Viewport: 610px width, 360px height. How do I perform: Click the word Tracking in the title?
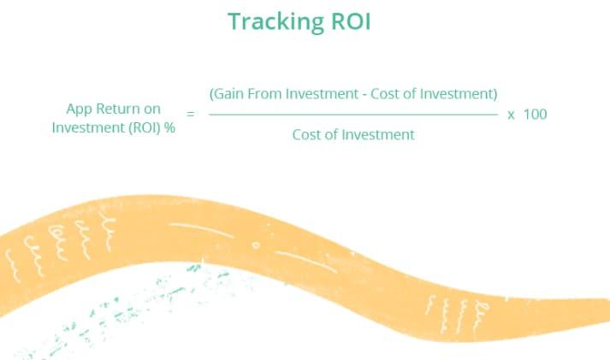pos(275,22)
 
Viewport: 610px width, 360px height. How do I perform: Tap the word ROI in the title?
pos(351,21)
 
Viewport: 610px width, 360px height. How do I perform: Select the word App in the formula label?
pos(79,109)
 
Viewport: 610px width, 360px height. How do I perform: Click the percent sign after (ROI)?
pos(169,127)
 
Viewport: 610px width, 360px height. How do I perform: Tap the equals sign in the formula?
pos(190,114)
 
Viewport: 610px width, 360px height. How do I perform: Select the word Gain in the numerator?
pos(227,94)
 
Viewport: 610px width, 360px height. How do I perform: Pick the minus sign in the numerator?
pos(364,95)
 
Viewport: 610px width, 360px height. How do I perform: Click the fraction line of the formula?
pos(353,115)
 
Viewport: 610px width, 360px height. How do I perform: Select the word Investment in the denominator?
pos(378,135)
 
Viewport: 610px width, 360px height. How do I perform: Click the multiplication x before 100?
pos(512,115)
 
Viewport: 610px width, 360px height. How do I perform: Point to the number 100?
pos(536,114)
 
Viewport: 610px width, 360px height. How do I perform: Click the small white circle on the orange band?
pos(256,245)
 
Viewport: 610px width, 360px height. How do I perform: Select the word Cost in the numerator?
pos(384,94)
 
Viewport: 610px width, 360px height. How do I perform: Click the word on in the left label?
pos(152,109)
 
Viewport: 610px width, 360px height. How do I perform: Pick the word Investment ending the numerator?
pos(459,94)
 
